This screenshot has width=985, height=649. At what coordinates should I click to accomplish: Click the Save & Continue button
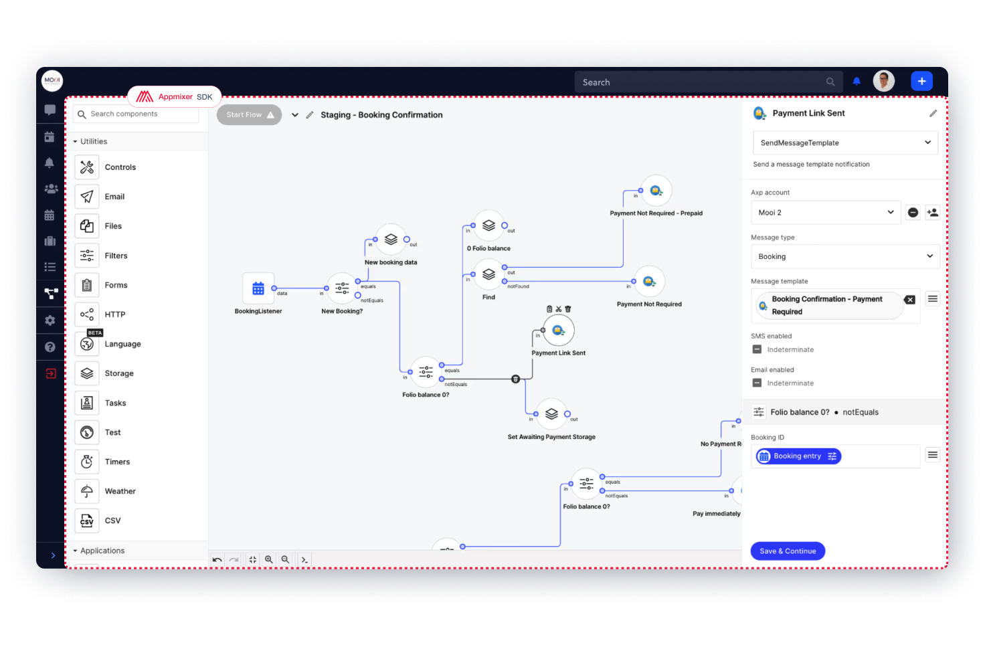pos(788,551)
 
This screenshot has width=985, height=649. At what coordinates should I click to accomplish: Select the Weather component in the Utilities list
pos(120,491)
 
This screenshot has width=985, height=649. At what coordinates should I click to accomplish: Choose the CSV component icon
pos(87,521)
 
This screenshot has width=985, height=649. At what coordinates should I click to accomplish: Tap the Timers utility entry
pos(117,462)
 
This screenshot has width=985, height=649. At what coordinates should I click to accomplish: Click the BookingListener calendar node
pos(258,288)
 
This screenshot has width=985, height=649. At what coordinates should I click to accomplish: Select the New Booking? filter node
pos(342,288)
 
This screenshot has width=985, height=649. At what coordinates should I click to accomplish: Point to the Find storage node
pos(488,274)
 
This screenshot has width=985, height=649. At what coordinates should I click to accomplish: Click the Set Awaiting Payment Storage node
pos(551,414)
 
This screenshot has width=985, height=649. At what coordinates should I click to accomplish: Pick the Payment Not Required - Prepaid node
pos(656,191)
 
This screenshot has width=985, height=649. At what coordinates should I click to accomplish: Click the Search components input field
pos(137,114)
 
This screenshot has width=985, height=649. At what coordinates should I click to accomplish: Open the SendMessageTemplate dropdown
pos(845,143)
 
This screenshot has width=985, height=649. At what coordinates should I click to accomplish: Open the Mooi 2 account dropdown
pos(825,212)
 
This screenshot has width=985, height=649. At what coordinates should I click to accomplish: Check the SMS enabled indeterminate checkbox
pos(757,349)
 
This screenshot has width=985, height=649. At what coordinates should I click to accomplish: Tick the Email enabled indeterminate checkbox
pos(757,383)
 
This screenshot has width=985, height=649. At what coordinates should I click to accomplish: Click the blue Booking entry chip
pos(798,456)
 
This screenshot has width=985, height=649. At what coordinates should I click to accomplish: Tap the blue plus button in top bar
pos(921,81)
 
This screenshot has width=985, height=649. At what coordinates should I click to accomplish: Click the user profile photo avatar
pos(883,81)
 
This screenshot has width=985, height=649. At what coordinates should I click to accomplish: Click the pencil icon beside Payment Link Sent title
pos(933,114)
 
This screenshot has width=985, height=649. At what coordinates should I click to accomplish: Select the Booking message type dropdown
pos(845,256)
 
